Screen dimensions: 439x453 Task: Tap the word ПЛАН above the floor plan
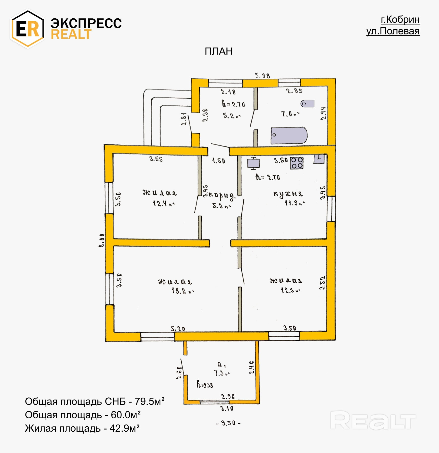[218, 51]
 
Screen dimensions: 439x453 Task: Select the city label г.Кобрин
[400, 19]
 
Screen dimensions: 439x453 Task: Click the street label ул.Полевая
[393, 31]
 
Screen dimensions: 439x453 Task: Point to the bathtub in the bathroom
[289, 135]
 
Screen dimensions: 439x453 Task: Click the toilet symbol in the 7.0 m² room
[307, 103]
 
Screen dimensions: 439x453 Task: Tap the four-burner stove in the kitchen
[297, 163]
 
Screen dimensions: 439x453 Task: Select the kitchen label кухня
[288, 194]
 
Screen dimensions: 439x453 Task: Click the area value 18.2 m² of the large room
[183, 291]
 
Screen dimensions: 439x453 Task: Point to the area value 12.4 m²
[164, 203]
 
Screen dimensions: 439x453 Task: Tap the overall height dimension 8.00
[102, 240]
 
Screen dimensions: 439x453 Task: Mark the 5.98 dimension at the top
[262, 75]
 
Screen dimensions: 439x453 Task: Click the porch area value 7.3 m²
[222, 373]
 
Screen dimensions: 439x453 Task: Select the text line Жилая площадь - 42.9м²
[82, 428]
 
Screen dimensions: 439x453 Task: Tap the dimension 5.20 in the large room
[178, 328]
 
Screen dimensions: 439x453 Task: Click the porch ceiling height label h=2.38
[205, 385]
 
